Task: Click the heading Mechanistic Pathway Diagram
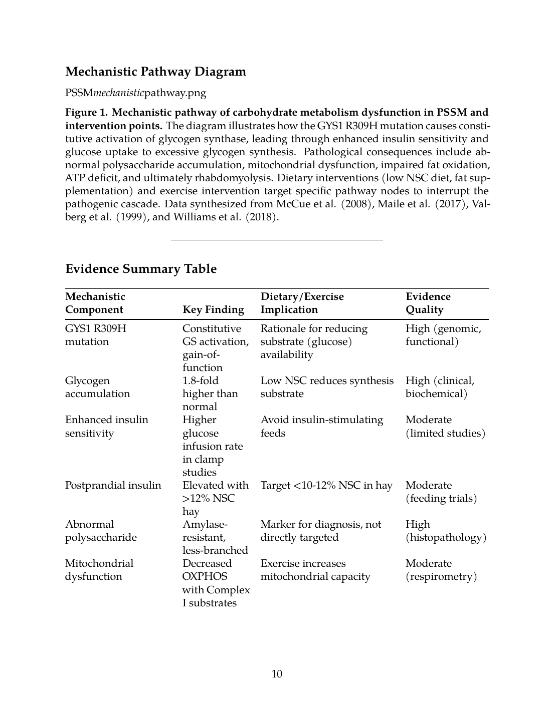pyautogui.click(x=155, y=72)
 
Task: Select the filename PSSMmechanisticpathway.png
pyautogui.click(x=135, y=93)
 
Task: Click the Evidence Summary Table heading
pyautogui.click(x=141, y=269)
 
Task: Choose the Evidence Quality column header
pyautogui.click(x=428, y=303)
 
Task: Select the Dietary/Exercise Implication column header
pyautogui.click(x=302, y=303)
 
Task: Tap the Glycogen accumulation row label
pyautogui.click(x=97, y=387)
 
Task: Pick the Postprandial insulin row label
pyautogui.click(x=113, y=485)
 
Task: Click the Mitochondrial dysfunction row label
pyautogui.click(x=99, y=570)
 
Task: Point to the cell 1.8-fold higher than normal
pyautogui.click(x=210, y=394)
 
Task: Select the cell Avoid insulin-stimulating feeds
pyautogui.click(x=322, y=426)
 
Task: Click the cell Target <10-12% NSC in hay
pyautogui.click(x=326, y=485)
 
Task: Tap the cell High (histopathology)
pyautogui.click(x=446, y=531)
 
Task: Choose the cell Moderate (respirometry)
pyautogui.click(x=441, y=570)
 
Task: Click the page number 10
pyautogui.click(x=277, y=674)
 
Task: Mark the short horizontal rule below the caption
pyautogui.click(x=277, y=240)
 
